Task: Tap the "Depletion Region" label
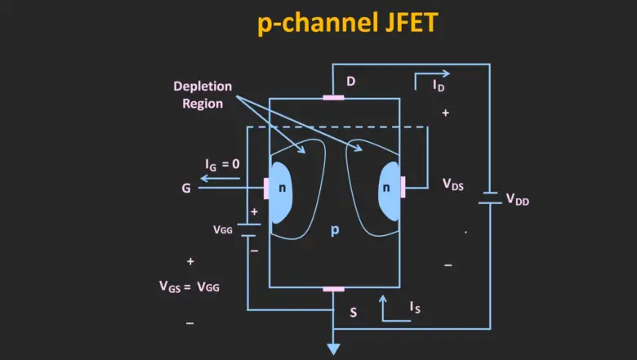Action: (x=203, y=95)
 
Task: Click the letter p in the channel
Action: (x=334, y=230)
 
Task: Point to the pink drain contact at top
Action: (x=333, y=98)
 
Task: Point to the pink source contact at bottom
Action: (x=333, y=288)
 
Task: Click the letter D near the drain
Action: (x=351, y=82)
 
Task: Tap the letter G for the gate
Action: (x=186, y=188)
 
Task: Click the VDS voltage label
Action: (x=453, y=185)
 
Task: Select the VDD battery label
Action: (x=518, y=198)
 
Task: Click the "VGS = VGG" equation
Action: (x=189, y=287)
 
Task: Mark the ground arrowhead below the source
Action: (x=333, y=349)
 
